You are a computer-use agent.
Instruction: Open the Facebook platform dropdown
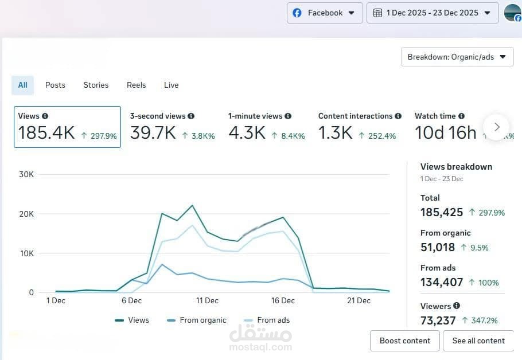click(x=325, y=13)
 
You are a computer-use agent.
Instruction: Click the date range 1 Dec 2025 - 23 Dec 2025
click(x=433, y=13)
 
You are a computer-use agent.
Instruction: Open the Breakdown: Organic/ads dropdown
click(x=457, y=57)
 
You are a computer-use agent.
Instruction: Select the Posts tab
click(x=55, y=85)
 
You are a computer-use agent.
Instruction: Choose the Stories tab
click(x=96, y=85)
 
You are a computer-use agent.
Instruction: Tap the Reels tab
click(x=136, y=85)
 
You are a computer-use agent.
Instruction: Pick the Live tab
click(x=171, y=85)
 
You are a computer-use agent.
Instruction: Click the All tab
click(x=22, y=85)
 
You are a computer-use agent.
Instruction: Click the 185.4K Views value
click(x=46, y=133)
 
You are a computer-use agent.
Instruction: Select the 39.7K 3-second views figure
click(x=153, y=133)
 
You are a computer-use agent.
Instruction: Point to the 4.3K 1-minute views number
click(x=247, y=133)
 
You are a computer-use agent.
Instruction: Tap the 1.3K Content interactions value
click(x=335, y=133)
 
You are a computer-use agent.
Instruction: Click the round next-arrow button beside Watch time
click(x=497, y=127)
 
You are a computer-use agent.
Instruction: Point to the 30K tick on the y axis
click(x=26, y=174)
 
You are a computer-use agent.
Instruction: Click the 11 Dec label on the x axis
click(x=207, y=300)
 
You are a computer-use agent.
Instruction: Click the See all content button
click(x=478, y=341)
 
